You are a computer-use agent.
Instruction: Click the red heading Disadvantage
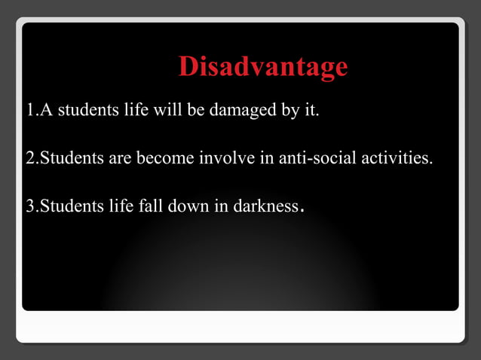click(x=263, y=67)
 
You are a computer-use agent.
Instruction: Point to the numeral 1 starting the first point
click(x=30, y=112)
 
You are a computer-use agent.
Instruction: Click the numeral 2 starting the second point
click(x=30, y=159)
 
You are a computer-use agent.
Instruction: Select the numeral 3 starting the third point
click(x=30, y=206)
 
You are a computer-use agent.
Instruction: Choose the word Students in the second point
click(x=71, y=159)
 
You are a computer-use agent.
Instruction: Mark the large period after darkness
click(x=302, y=210)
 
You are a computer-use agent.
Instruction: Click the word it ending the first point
click(x=311, y=112)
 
